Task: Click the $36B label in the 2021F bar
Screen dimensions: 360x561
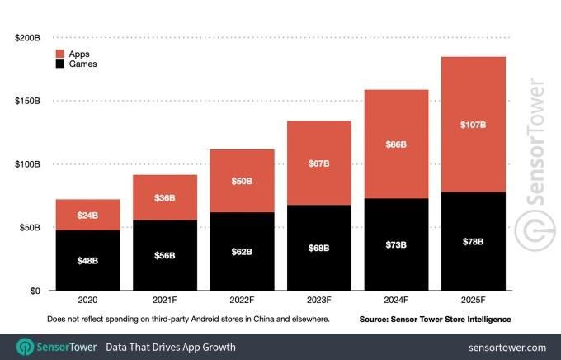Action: click(164, 198)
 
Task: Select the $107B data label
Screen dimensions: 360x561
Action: click(473, 126)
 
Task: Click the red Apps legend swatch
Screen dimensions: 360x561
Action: click(60, 53)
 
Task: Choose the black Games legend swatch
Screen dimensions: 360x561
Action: click(60, 64)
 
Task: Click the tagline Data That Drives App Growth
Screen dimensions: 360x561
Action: click(171, 347)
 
